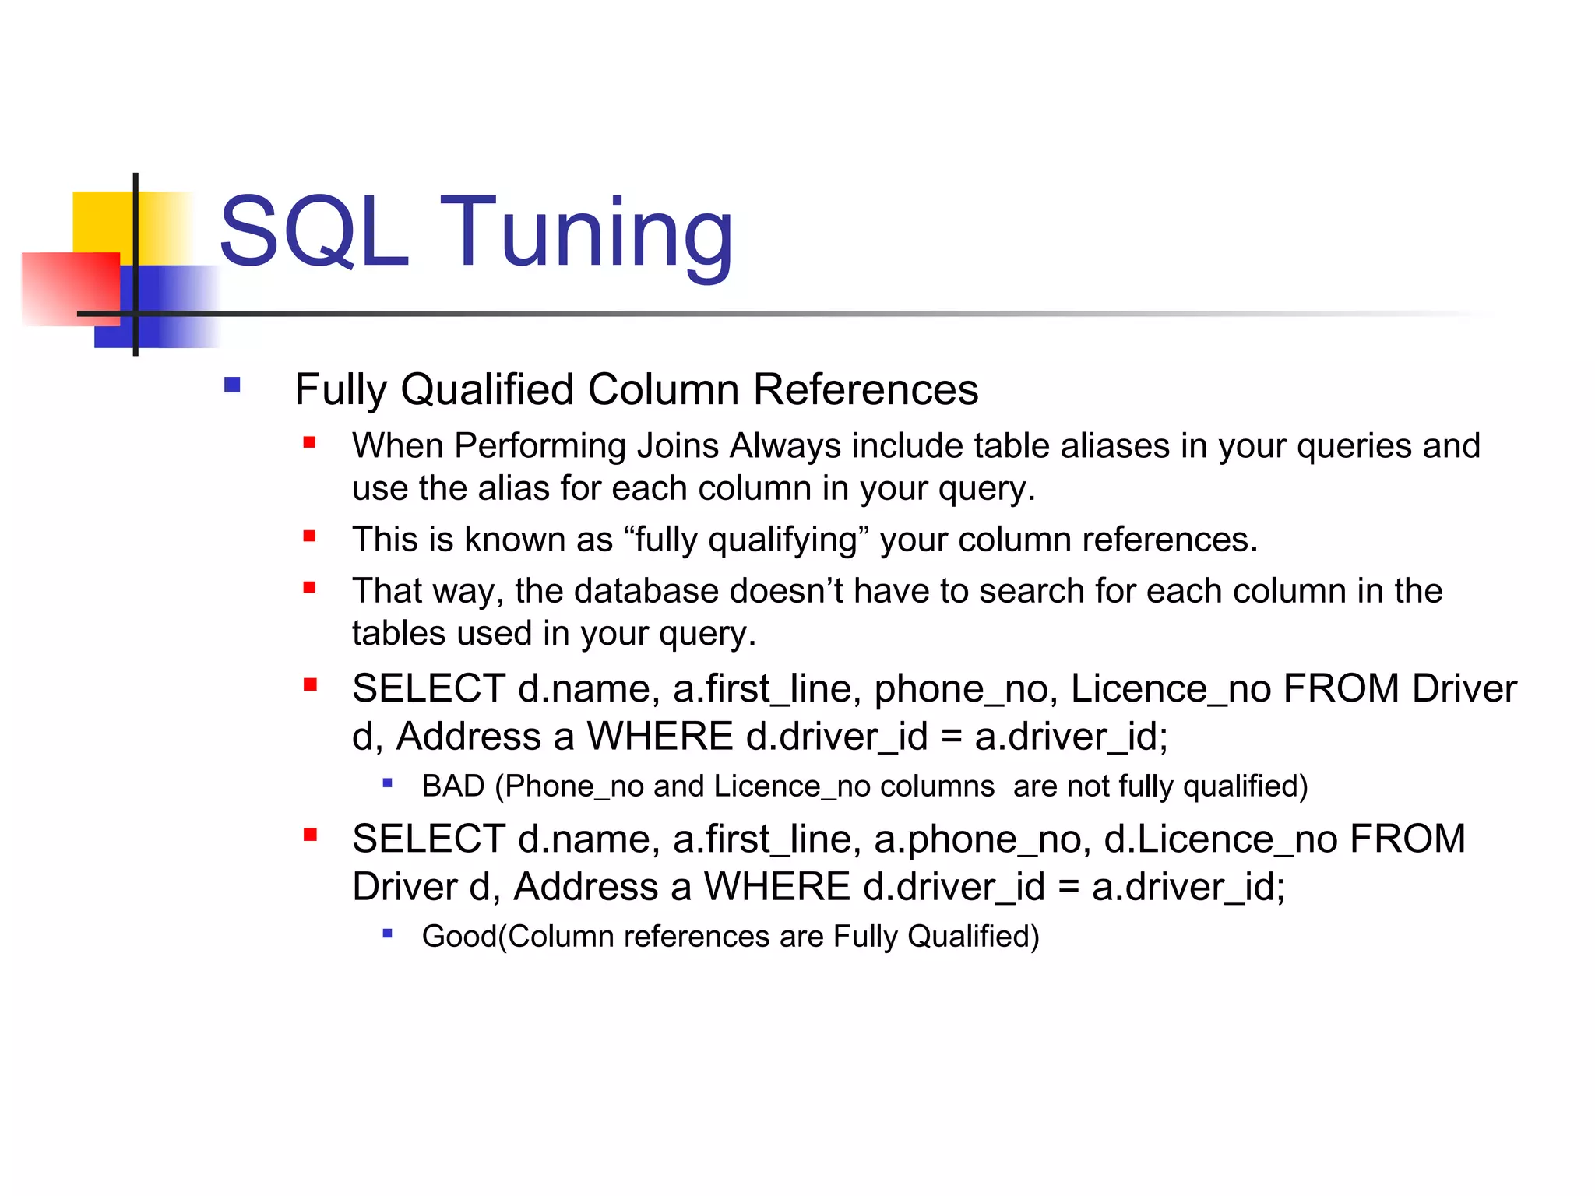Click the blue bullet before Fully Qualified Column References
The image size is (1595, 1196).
click(x=232, y=385)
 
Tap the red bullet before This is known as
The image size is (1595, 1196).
click(x=309, y=536)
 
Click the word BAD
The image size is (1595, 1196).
click(x=453, y=786)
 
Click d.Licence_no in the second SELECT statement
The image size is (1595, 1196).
click(x=1220, y=839)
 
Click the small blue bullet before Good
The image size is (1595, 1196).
click(x=387, y=933)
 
